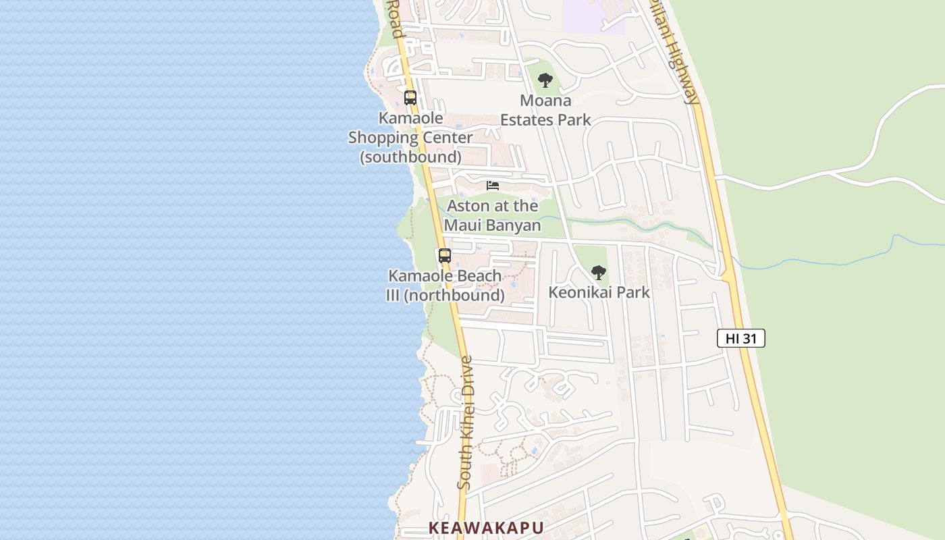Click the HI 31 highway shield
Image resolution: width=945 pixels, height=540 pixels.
click(740, 338)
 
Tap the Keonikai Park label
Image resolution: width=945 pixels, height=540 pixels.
click(599, 292)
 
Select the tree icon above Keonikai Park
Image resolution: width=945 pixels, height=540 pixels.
click(598, 273)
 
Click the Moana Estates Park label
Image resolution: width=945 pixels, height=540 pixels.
click(545, 110)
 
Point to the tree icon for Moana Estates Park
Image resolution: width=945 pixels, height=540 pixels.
click(545, 81)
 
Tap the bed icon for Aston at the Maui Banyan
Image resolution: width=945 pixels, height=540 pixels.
click(493, 186)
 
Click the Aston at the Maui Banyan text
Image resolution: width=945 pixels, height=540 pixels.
click(493, 215)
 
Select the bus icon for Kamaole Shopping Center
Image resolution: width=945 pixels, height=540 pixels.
click(410, 98)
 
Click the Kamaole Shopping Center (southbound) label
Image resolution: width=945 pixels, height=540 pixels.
click(410, 138)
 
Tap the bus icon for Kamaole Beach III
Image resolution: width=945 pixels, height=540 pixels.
click(445, 256)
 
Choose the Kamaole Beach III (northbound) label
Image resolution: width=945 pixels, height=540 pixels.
click(445, 286)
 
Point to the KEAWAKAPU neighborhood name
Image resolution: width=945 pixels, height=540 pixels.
click(486, 528)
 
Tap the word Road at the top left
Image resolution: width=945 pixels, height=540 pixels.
click(395, 19)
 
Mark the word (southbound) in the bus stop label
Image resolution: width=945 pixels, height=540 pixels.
click(410, 157)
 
